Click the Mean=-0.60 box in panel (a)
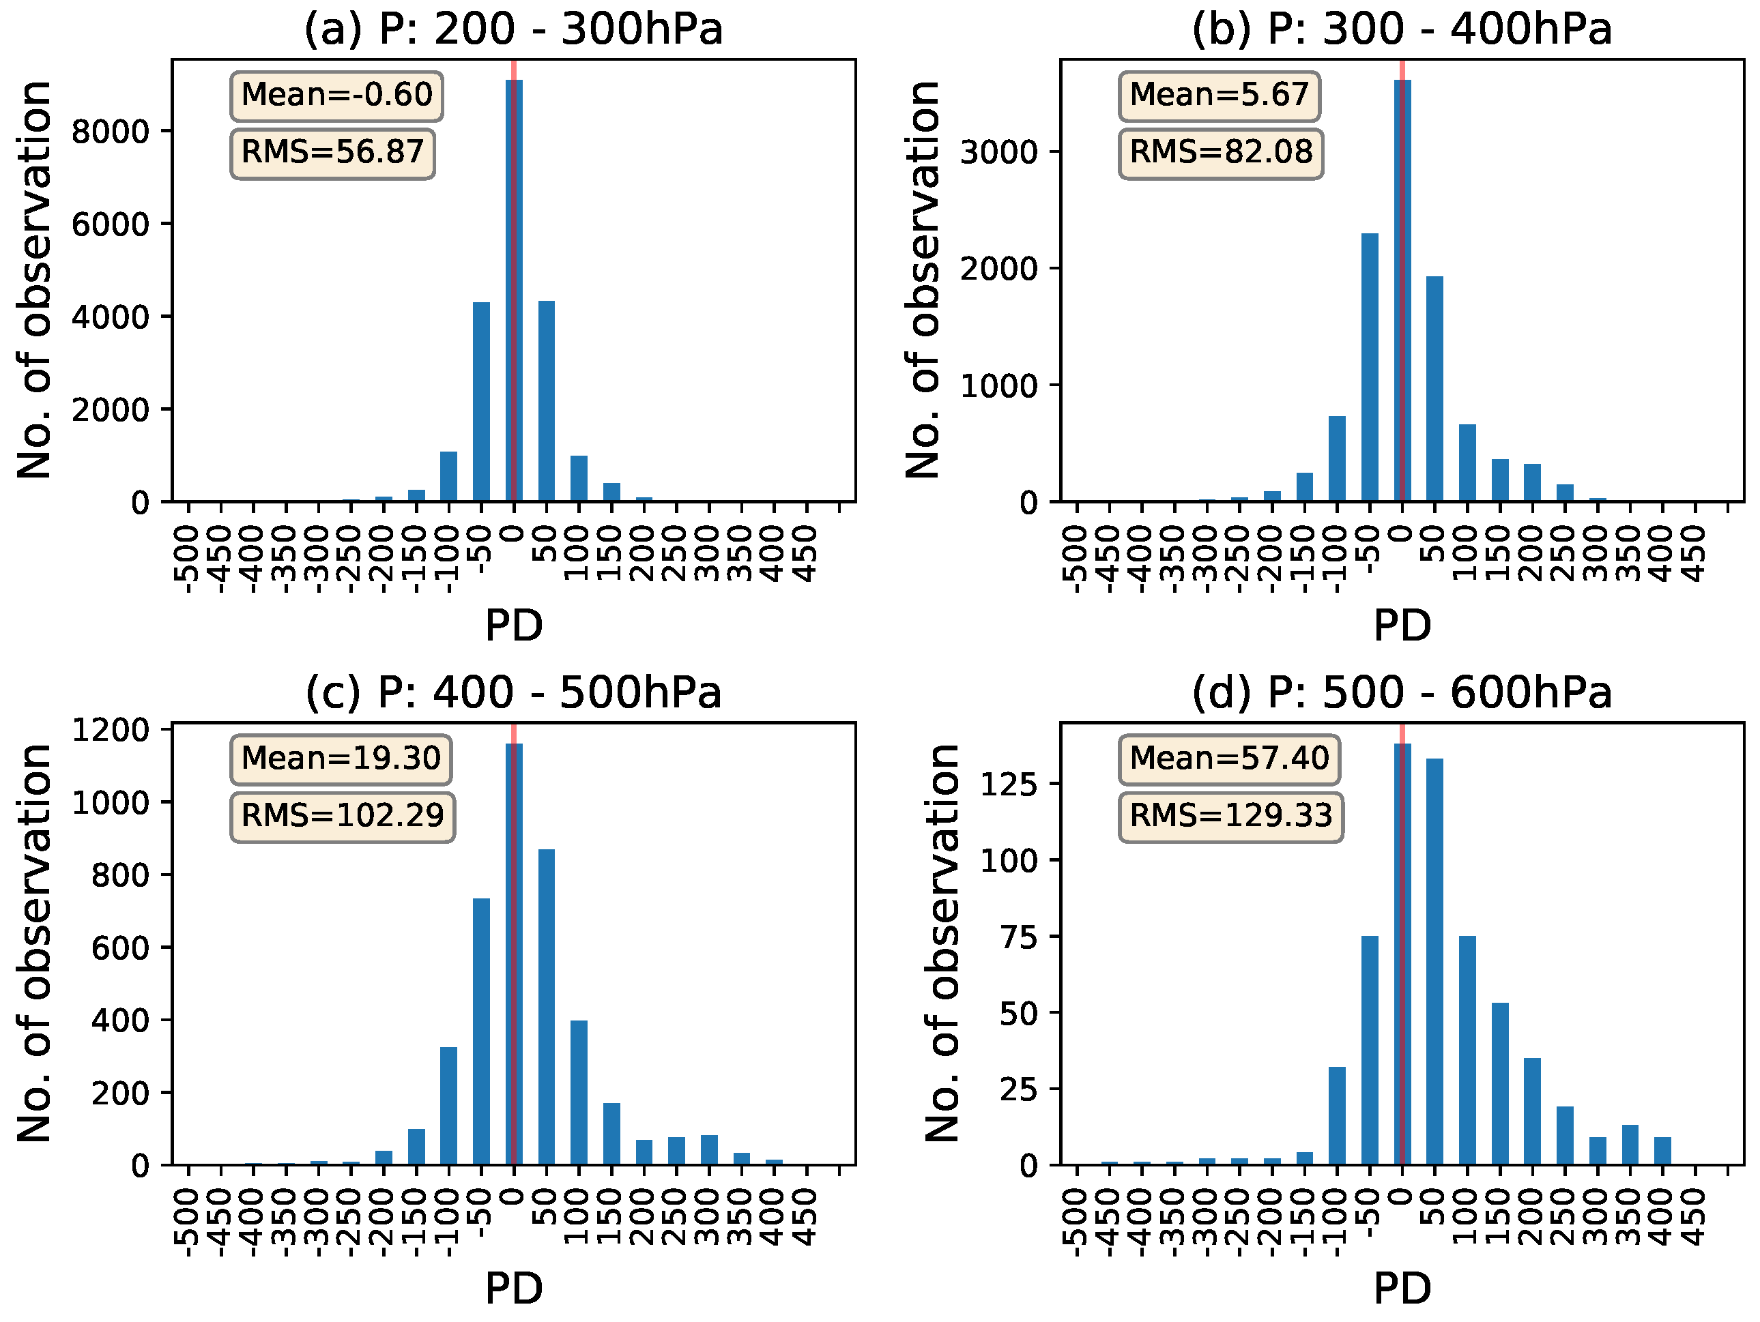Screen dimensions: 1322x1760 coord(336,96)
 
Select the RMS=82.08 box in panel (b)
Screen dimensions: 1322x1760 coord(1221,153)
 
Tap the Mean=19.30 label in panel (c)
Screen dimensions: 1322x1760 coord(341,759)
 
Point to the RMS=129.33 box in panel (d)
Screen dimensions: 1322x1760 coord(1230,816)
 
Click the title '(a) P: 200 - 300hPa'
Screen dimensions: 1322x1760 coord(513,30)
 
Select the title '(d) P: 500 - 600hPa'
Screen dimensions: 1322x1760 coord(1401,693)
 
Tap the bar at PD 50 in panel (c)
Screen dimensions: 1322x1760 coord(547,1007)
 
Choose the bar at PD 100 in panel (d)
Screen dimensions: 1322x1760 coord(1467,1050)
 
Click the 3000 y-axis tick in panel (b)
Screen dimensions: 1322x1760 coord(998,153)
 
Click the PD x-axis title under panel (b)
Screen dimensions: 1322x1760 coord(1402,626)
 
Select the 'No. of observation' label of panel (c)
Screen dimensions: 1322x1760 coord(35,943)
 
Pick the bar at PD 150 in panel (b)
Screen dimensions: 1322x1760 coord(1500,480)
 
